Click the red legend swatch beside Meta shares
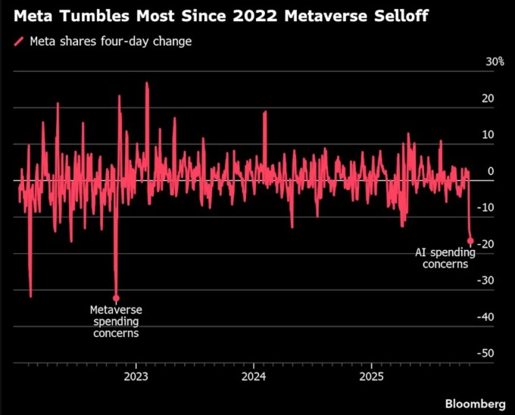point(20,42)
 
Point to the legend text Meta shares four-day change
point(111,41)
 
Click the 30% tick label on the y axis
point(495,61)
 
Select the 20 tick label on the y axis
point(488,98)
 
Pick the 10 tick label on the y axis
point(488,135)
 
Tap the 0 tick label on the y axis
point(492,171)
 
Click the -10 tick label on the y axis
point(487,207)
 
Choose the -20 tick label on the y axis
point(487,244)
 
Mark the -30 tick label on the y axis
point(487,280)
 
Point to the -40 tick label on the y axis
point(487,317)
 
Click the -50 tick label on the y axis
point(487,353)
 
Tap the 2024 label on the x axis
point(253,376)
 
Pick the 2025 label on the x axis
point(371,376)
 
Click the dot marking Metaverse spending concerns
point(116,298)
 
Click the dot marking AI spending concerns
point(470,241)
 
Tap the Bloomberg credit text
point(475,401)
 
